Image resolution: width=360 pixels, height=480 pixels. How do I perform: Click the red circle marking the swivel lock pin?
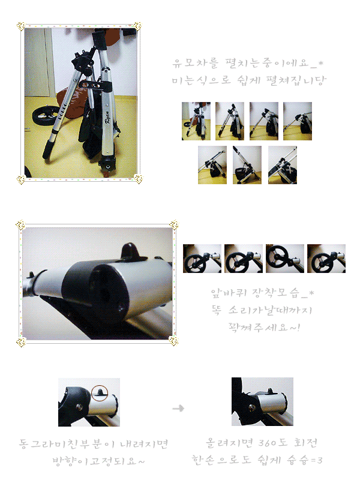point(100,393)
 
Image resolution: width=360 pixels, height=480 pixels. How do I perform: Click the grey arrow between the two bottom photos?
point(178,409)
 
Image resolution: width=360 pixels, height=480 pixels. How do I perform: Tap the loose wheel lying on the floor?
point(44,115)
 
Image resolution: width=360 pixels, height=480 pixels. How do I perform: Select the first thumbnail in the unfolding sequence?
point(196,121)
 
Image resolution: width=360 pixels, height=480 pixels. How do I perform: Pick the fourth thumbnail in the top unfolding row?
point(298,121)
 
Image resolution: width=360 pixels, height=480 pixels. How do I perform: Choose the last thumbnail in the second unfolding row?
point(283,165)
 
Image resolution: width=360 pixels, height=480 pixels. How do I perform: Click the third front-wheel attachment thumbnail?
point(285,259)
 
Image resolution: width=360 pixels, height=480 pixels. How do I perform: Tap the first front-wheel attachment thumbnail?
point(202,259)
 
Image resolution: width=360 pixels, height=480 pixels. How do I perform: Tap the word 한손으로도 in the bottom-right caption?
point(221,459)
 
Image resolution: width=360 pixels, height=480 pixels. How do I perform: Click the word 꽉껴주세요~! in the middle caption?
point(264,327)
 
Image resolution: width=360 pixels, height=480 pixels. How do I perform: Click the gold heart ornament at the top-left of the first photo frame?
point(20,26)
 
